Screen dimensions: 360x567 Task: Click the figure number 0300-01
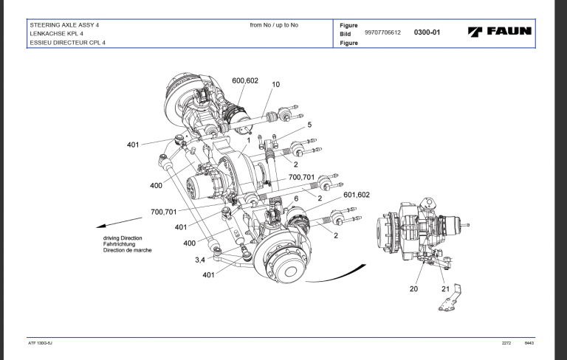pyautogui.click(x=427, y=33)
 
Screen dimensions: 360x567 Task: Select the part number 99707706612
pyautogui.click(x=382, y=33)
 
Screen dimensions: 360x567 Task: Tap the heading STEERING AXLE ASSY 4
pyautogui.click(x=64, y=25)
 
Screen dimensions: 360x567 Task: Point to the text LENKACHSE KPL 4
pyautogui.click(x=58, y=34)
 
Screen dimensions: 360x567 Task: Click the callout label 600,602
pyautogui.click(x=244, y=80)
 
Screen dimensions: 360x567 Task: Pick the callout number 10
pyautogui.click(x=276, y=85)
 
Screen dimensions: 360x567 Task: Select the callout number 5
pyautogui.click(x=299, y=125)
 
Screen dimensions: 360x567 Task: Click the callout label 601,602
pyautogui.click(x=357, y=195)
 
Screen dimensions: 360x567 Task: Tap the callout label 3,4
pyautogui.click(x=200, y=260)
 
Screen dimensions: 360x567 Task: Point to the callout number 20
pyautogui.click(x=413, y=289)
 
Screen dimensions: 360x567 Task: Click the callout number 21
pyautogui.click(x=444, y=289)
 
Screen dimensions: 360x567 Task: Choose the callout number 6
pyautogui.click(x=295, y=199)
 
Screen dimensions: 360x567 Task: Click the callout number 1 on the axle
pyautogui.click(x=250, y=139)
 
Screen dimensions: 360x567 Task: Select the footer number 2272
pyautogui.click(x=506, y=345)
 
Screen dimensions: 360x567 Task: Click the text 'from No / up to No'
pyautogui.click(x=274, y=25)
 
